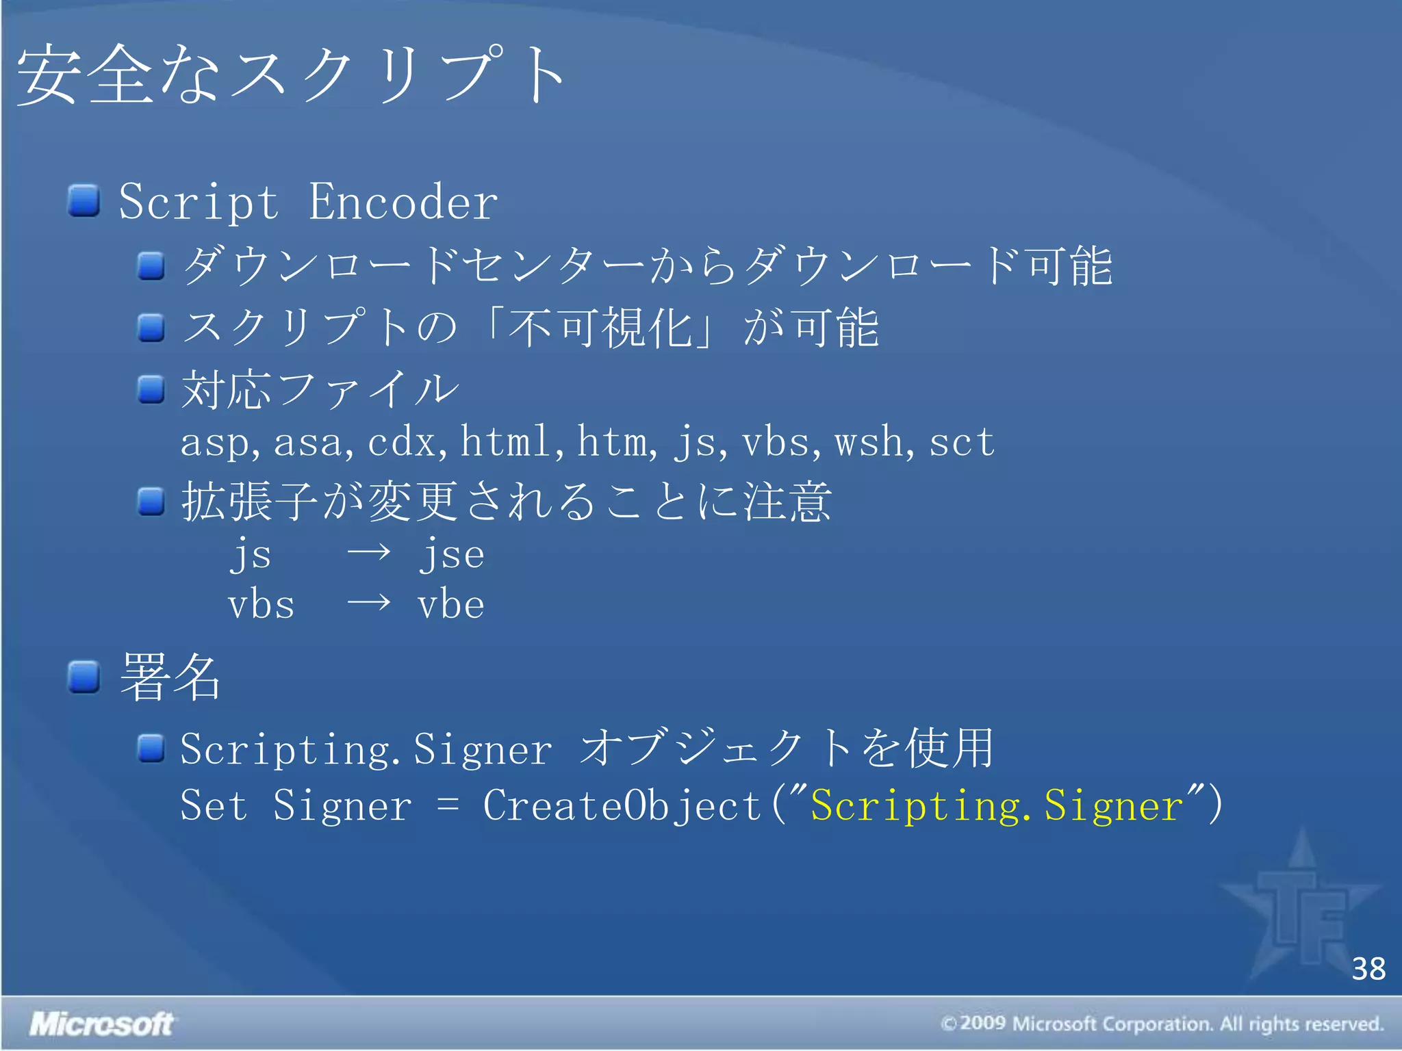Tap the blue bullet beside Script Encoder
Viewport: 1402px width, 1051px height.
[x=84, y=200]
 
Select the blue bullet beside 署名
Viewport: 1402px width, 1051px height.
[x=84, y=677]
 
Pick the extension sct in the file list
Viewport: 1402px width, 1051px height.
[x=961, y=441]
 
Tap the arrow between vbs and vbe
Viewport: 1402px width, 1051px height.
[x=369, y=603]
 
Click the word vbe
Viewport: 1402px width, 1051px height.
[x=451, y=605]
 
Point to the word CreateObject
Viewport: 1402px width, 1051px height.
[x=622, y=805]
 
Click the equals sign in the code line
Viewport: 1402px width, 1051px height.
[x=448, y=805]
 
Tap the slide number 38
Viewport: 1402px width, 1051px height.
[x=1368, y=969]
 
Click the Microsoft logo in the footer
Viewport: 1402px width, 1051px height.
[x=102, y=1024]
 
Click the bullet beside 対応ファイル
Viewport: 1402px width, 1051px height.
[x=151, y=389]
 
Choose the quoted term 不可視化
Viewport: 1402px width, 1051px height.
[x=600, y=328]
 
